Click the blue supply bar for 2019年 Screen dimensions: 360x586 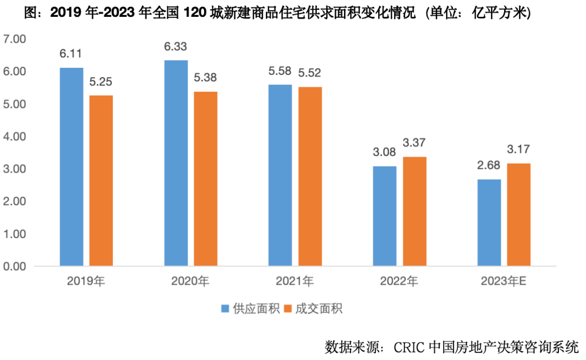click(72, 167)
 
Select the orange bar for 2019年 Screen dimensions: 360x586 click(101, 181)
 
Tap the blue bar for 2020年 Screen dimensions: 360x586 click(176, 163)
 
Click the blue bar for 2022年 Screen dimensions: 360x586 click(385, 216)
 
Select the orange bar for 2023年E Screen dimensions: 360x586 click(519, 215)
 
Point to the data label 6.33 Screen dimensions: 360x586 click(176, 48)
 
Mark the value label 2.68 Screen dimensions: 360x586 click(489, 166)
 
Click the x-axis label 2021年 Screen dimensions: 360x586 click(295, 281)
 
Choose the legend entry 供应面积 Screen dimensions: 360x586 click(250, 309)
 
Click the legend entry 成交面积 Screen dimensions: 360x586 click(314, 309)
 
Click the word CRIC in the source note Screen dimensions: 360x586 click(410, 346)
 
